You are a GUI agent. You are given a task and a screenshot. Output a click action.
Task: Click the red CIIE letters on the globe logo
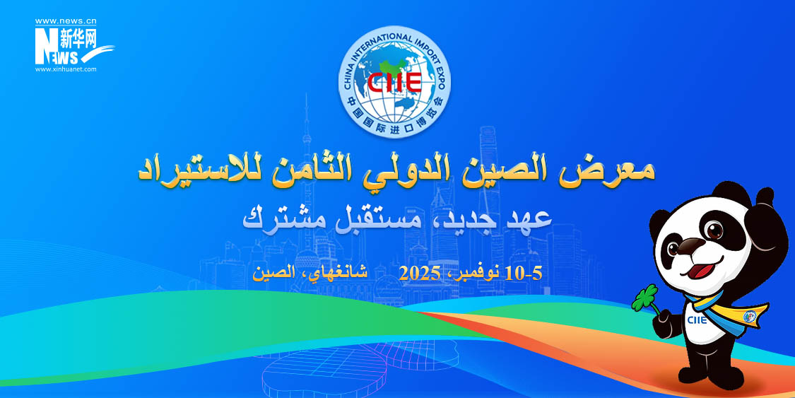[394, 81]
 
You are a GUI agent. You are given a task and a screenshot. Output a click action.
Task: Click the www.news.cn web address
[66, 21]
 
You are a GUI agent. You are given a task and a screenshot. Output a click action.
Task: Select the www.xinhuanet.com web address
[66, 69]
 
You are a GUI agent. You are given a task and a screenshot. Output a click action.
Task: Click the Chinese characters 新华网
[78, 38]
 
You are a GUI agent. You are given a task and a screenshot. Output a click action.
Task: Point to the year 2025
[419, 274]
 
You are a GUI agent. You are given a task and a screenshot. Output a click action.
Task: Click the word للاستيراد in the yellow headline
[193, 170]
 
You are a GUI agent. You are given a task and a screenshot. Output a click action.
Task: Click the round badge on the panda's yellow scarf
[749, 317]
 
